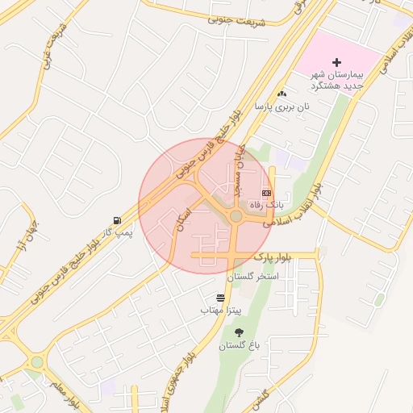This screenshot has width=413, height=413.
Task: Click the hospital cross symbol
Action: click(336, 62)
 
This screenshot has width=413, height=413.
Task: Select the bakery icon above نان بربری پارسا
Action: click(282, 94)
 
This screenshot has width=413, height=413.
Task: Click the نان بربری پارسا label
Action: click(272, 106)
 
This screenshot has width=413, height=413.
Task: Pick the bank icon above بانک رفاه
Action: click(266, 193)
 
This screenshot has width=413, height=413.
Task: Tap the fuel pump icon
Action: click(119, 220)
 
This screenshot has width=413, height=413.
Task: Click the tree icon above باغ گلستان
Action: click(239, 332)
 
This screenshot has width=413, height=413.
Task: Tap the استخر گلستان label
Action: click(252, 277)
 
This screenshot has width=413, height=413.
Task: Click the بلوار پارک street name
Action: click(273, 257)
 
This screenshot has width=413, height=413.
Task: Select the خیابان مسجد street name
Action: click(239, 172)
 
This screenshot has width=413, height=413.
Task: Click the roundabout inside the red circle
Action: click(236, 215)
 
